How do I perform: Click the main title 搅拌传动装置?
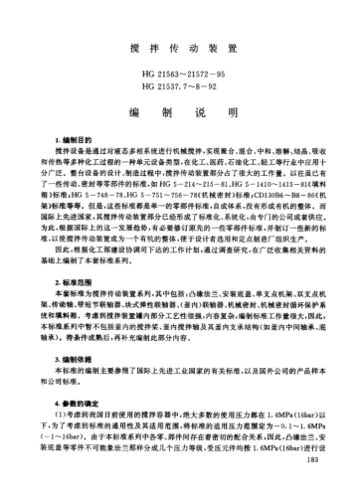point(179,47)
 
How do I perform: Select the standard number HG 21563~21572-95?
point(179,75)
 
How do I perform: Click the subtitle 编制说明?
point(179,113)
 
